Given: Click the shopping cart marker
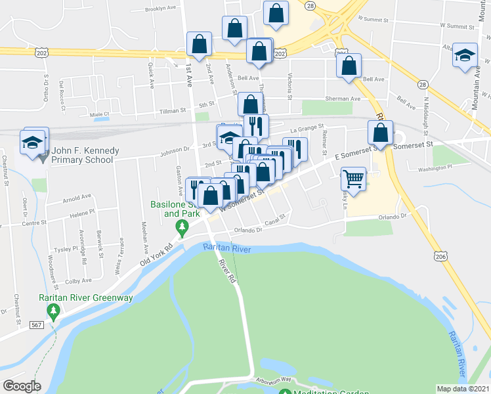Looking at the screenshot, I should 353,178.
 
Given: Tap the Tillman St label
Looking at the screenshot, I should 173,111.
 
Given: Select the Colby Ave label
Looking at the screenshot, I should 78,280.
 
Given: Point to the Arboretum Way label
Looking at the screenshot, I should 274,380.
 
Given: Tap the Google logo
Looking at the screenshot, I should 22,386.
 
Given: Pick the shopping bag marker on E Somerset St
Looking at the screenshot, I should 380,133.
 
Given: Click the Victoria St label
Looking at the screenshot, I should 289,83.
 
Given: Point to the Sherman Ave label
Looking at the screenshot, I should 347,98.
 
